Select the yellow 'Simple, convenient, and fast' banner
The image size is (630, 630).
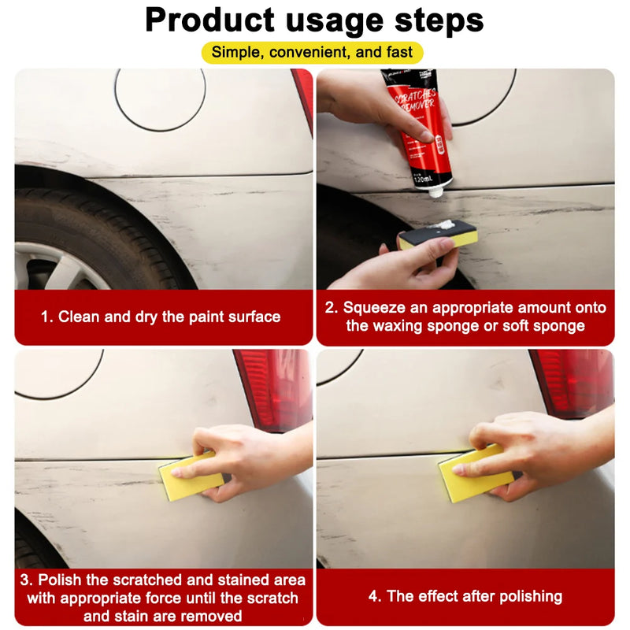(313, 53)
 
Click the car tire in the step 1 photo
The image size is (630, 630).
(94, 228)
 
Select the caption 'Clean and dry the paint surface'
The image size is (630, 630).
(161, 317)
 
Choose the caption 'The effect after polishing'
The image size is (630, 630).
(465, 596)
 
